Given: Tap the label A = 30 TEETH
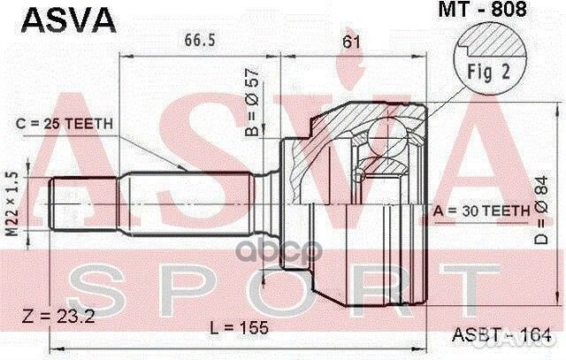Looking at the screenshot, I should click(481, 211).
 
